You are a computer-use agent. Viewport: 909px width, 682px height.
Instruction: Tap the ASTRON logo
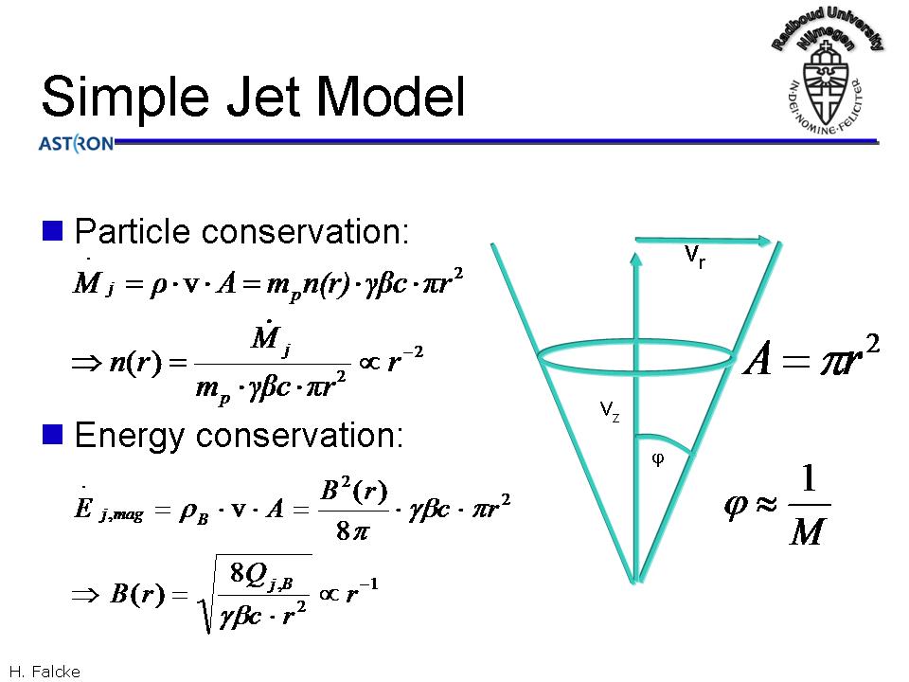click(76, 144)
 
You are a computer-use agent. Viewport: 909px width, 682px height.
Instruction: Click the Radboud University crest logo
click(828, 72)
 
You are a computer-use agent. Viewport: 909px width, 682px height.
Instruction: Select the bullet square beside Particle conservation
click(53, 230)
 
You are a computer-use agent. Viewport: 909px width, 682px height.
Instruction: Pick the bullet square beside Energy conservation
click(53, 434)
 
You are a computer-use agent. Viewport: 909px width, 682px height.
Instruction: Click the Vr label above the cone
click(694, 256)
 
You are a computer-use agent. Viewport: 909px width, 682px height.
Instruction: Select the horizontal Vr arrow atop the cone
click(705, 242)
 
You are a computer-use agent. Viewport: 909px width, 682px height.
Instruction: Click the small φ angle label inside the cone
click(658, 459)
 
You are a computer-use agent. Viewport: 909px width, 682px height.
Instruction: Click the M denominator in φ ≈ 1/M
click(805, 532)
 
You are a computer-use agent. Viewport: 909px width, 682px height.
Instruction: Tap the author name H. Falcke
click(44, 672)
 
